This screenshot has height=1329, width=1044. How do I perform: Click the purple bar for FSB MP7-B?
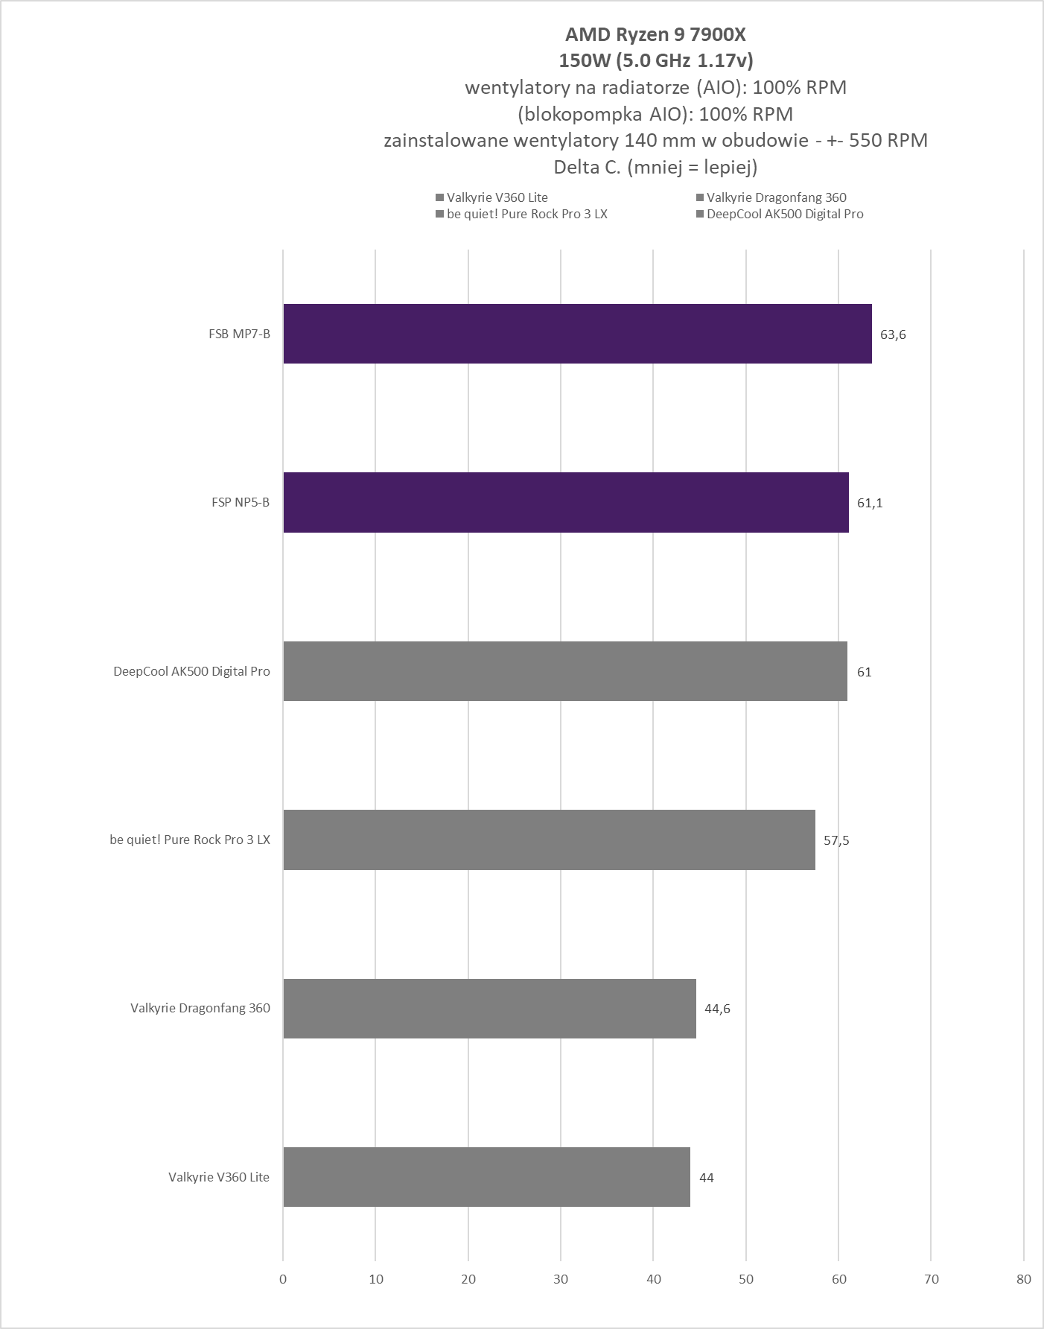(x=577, y=334)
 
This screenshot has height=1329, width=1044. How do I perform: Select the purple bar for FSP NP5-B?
(x=566, y=502)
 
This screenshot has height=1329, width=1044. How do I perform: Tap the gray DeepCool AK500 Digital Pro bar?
(x=565, y=671)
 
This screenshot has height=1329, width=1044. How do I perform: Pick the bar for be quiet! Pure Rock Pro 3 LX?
(x=549, y=840)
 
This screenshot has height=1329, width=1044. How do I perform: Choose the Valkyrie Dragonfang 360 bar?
(x=489, y=1009)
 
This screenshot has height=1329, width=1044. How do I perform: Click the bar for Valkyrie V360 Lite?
(x=486, y=1177)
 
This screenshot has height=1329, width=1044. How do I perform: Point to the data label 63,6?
(x=893, y=334)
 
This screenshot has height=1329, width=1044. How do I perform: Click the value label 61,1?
(x=870, y=503)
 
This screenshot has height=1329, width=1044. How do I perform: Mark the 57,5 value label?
(x=836, y=840)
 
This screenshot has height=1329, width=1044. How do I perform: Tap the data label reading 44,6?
(x=717, y=1009)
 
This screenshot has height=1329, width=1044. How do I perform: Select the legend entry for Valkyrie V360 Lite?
(x=492, y=197)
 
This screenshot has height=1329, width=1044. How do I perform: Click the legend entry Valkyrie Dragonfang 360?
(x=771, y=197)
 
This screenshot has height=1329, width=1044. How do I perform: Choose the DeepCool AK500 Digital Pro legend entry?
(x=779, y=214)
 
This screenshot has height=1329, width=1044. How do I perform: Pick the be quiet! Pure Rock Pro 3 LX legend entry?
(x=522, y=214)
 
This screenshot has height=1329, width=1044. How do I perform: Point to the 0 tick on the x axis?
(x=283, y=1279)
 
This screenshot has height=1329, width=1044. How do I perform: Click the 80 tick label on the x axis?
(x=1024, y=1279)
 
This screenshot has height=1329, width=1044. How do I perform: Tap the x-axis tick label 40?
(x=653, y=1279)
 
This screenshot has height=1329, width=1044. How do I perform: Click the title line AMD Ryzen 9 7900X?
(x=655, y=34)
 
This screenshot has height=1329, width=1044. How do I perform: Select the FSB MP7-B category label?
(x=239, y=334)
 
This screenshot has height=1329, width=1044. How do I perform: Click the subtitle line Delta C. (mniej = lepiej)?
(x=655, y=167)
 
